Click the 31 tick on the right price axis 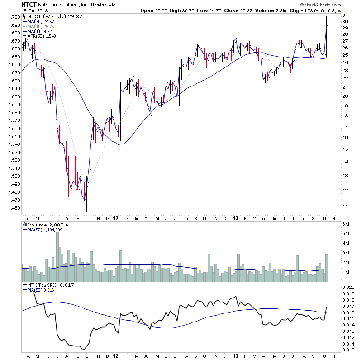click(x=345, y=15)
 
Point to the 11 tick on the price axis click(x=345, y=206)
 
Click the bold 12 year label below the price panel click(x=117, y=217)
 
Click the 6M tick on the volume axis click(x=346, y=224)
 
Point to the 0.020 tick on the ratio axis click(x=348, y=288)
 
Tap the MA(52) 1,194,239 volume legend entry click(x=45, y=230)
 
